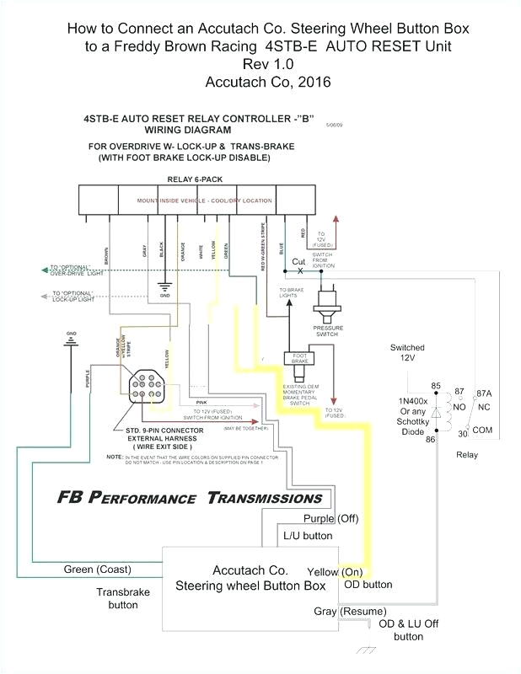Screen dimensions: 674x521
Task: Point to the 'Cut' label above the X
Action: (298, 262)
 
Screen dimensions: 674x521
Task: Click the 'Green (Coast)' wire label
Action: (97, 570)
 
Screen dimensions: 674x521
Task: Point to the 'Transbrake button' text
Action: (122, 598)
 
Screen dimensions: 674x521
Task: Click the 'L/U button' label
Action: (306, 535)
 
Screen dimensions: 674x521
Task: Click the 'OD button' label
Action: (368, 584)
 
